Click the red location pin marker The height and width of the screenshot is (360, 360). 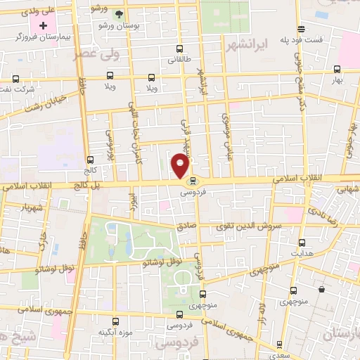point(180,165)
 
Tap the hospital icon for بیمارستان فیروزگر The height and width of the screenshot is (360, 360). point(43,25)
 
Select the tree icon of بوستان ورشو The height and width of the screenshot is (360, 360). point(119,14)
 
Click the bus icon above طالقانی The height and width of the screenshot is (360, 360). point(180,49)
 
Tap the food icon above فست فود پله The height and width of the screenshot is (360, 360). point(301,29)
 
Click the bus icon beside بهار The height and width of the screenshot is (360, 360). point(337,69)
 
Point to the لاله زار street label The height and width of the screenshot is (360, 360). point(261,309)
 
